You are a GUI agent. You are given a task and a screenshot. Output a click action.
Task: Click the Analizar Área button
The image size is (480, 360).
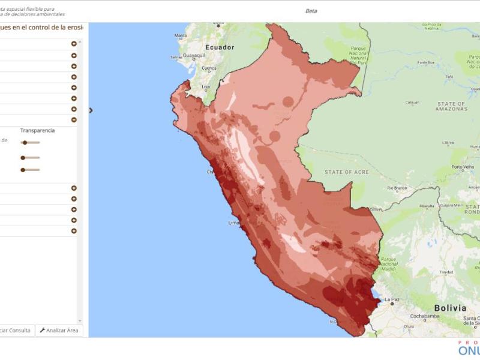click(x=59, y=330)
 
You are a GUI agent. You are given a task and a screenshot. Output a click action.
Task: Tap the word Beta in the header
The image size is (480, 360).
click(x=311, y=11)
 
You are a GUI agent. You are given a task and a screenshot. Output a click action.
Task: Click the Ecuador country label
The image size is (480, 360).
click(x=220, y=47)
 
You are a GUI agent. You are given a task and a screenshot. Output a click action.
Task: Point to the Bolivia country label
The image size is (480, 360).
click(x=450, y=308)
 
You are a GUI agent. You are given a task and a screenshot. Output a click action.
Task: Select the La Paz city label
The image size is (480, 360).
click(x=392, y=299)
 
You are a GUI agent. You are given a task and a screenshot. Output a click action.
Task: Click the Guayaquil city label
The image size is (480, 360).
click(x=194, y=55)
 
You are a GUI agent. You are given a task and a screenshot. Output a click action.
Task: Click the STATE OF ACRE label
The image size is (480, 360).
click(x=346, y=172)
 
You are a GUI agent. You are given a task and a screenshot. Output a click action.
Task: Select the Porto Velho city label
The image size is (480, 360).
click(x=463, y=167)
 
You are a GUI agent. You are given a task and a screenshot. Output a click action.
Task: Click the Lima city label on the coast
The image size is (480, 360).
click(x=233, y=223)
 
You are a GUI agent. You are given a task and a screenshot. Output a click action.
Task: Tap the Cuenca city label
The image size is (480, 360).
click(x=209, y=68)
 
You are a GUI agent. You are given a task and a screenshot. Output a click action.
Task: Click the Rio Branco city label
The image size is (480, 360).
click(x=397, y=188)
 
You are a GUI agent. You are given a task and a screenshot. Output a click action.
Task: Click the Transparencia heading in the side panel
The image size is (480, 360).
click(x=37, y=130)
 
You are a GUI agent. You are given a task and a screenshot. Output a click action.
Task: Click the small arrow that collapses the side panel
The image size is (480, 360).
click(x=91, y=110)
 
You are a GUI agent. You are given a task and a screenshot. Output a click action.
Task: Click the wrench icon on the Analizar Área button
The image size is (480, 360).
click(x=43, y=330)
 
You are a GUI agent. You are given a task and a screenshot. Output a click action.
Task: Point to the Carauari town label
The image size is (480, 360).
click(x=412, y=102)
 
